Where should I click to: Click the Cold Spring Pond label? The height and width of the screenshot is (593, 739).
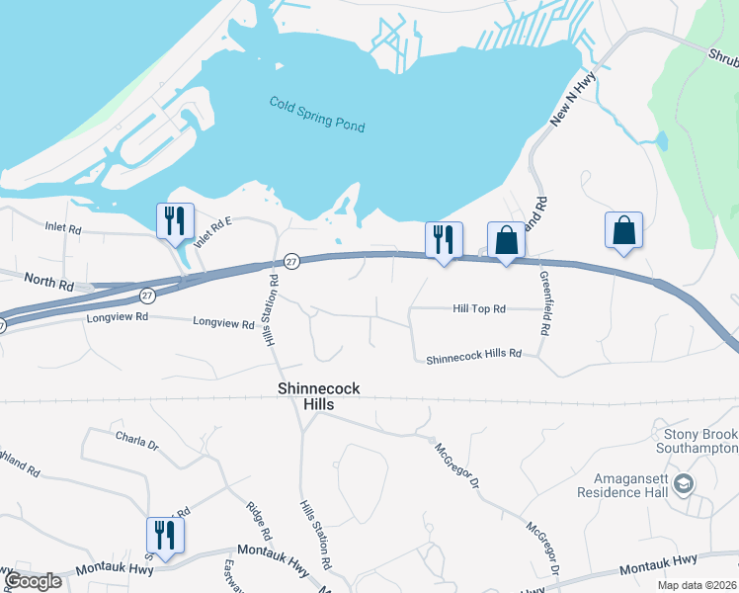317,115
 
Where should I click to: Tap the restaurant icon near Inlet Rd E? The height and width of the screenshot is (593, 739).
175,220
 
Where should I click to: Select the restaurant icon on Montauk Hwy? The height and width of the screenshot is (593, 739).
165,535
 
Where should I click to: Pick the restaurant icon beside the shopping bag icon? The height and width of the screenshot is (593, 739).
443,239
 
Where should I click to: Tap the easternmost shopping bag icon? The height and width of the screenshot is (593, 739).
623,229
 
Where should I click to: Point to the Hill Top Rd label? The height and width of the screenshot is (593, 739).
479,309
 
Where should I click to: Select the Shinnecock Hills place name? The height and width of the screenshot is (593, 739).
319,397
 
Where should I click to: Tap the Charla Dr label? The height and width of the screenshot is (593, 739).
136,437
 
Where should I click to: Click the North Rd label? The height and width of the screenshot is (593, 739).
49,285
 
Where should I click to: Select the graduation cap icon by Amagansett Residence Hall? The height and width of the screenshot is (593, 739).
685,483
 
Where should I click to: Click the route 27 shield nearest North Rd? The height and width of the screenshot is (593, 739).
147,295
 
